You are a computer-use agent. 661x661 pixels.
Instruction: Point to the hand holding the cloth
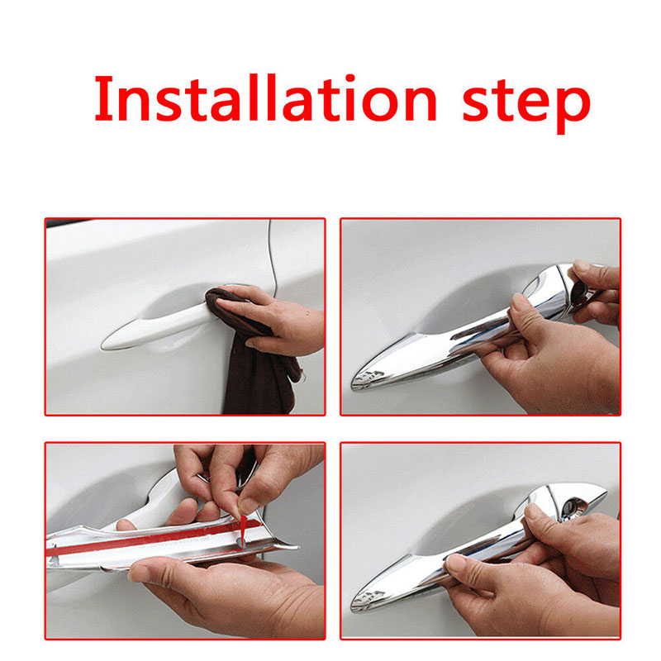pos(274,321)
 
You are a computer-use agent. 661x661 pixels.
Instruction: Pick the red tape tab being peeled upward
pos(243,527)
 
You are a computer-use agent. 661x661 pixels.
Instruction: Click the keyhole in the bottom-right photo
pos(572,505)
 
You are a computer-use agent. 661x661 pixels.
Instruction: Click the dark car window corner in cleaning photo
pos(64,222)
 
